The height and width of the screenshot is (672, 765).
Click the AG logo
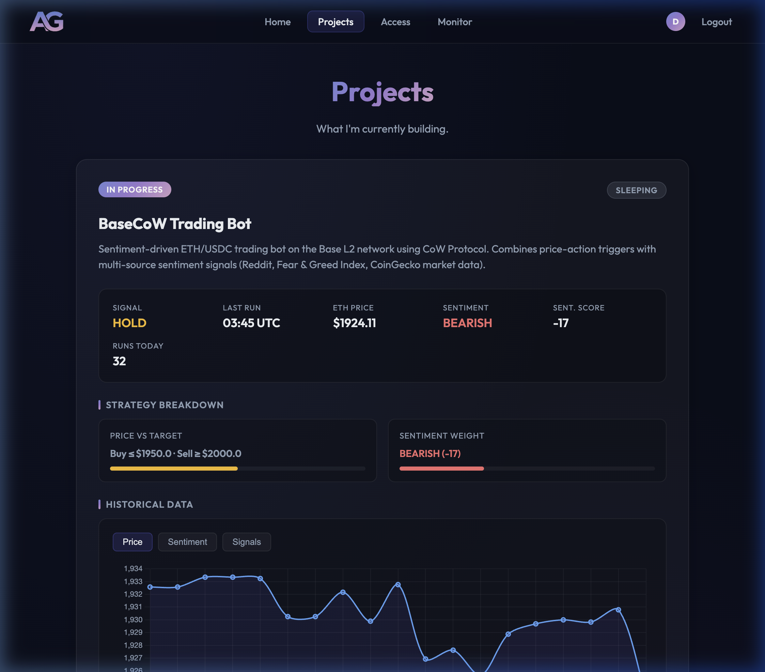(x=47, y=21)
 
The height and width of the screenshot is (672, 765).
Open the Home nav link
(x=277, y=22)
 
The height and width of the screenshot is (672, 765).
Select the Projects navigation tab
(x=335, y=22)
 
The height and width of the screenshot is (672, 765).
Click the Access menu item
(x=395, y=22)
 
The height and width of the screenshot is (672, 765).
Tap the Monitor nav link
(x=454, y=22)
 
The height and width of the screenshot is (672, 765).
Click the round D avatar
(x=675, y=22)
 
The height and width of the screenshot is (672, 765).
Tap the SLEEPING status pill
(x=636, y=190)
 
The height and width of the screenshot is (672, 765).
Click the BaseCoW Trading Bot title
(x=174, y=224)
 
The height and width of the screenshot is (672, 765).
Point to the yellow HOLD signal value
(x=129, y=323)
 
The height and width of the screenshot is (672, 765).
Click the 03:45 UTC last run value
(x=251, y=323)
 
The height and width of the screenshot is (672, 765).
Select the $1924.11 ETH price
(x=354, y=323)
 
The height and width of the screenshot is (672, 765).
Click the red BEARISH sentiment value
(x=467, y=323)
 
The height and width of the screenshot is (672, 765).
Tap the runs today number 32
(x=119, y=361)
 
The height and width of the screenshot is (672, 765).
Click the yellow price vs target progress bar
(x=174, y=468)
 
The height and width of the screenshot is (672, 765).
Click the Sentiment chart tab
(x=187, y=542)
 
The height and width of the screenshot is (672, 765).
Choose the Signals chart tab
(x=246, y=542)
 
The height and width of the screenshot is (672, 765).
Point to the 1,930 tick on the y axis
(x=133, y=620)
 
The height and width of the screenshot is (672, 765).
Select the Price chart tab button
(x=132, y=542)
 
